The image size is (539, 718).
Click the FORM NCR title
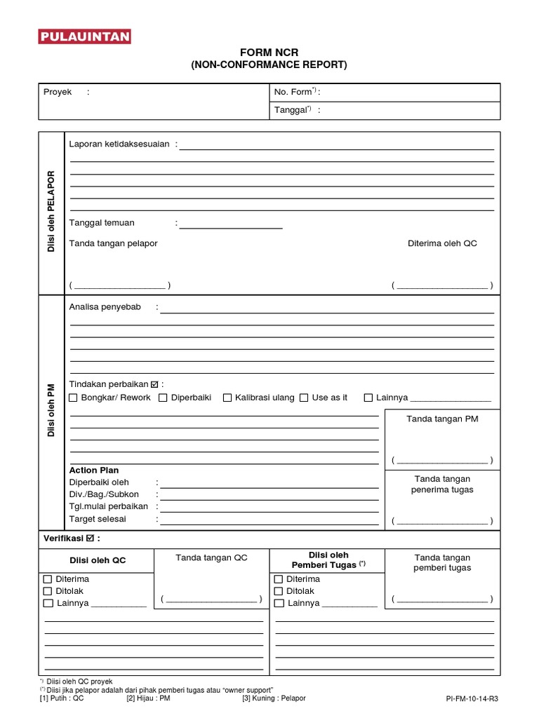269,53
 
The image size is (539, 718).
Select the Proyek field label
58,92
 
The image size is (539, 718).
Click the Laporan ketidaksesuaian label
119,144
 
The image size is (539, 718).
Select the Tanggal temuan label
102,223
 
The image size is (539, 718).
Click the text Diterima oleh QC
442,243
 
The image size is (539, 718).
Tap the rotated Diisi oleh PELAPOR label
51,212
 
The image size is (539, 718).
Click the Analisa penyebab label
109,307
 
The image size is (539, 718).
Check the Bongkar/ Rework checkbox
74,398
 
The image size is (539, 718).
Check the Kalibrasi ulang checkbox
227,398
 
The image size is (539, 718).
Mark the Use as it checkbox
304,398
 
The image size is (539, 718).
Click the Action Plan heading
94,470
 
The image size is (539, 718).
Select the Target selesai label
98,520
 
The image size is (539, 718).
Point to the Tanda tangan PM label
442,419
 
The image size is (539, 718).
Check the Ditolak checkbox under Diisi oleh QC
48,591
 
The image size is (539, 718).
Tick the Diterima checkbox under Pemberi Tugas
279,579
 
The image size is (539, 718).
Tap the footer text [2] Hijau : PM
148,698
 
